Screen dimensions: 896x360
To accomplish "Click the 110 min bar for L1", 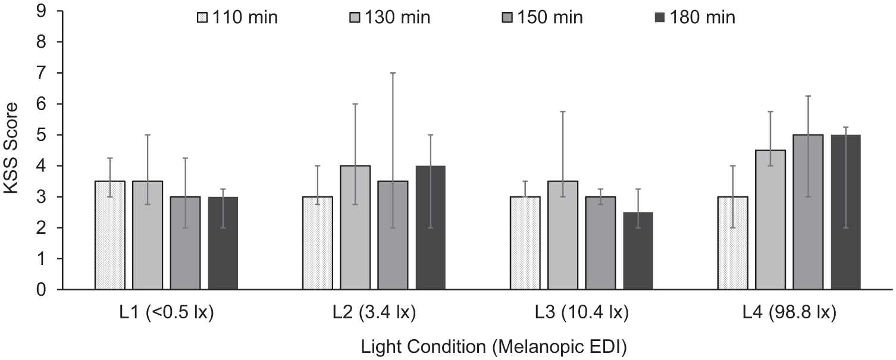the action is (x=110, y=235).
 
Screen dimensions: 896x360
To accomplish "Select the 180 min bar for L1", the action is (x=223, y=243).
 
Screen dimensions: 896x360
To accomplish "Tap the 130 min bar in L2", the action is (x=355, y=227).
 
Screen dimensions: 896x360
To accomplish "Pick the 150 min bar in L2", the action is (x=393, y=235).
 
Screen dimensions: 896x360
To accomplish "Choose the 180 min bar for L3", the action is (x=638, y=251).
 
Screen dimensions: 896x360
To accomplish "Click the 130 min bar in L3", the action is (x=563, y=235).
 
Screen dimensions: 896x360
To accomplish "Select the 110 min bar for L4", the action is (x=733, y=243).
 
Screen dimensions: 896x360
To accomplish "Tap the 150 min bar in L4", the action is (x=808, y=212).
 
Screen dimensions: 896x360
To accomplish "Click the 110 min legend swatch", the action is (x=203, y=18).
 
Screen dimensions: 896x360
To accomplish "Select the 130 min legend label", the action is (x=397, y=18).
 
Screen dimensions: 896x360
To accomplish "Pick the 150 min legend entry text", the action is (x=550, y=18).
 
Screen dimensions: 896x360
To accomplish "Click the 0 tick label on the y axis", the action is (x=42, y=290).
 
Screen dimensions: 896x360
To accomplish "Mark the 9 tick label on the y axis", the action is (x=42, y=11).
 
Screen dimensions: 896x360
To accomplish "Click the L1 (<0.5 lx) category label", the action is (x=167, y=312).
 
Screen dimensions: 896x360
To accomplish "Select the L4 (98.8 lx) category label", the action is (x=789, y=312).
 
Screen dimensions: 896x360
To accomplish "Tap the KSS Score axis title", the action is (x=11, y=148).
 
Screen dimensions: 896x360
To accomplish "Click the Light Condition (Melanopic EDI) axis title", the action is (x=494, y=347).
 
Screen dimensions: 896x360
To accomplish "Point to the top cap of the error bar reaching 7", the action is (x=393, y=73).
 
